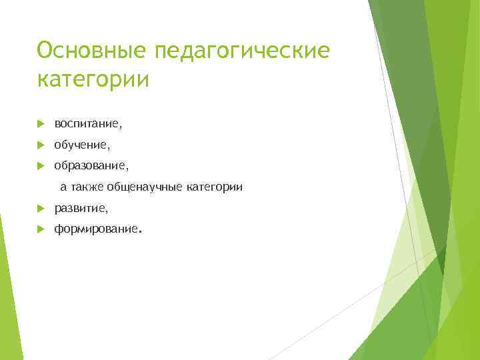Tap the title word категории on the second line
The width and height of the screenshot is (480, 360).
click(x=93, y=80)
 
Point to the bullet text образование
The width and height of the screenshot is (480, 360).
click(x=91, y=165)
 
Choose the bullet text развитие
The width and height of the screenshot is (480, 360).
click(x=79, y=209)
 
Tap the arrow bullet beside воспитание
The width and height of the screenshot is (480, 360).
click(x=41, y=123)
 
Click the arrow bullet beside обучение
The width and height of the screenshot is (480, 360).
click(x=41, y=144)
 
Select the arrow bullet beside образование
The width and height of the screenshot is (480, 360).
click(x=41, y=165)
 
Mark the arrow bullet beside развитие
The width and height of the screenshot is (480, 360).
click(x=41, y=209)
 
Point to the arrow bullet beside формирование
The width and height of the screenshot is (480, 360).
click(x=41, y=229)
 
